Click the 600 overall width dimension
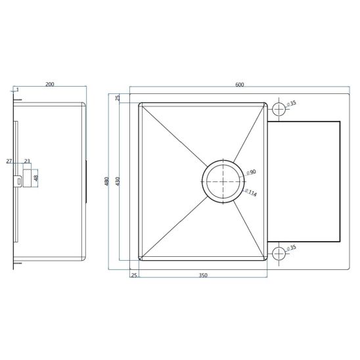pos(240,85)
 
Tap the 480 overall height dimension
pos(107,181)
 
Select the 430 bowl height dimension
pos(118,181)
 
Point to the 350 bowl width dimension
pos(203,275)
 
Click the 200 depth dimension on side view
pos(49,84)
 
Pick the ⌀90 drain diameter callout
pos(251,172)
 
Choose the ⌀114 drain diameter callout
pos(251,192)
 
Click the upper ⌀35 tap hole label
pos(292,104)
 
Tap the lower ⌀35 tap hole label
pos(292,248)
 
